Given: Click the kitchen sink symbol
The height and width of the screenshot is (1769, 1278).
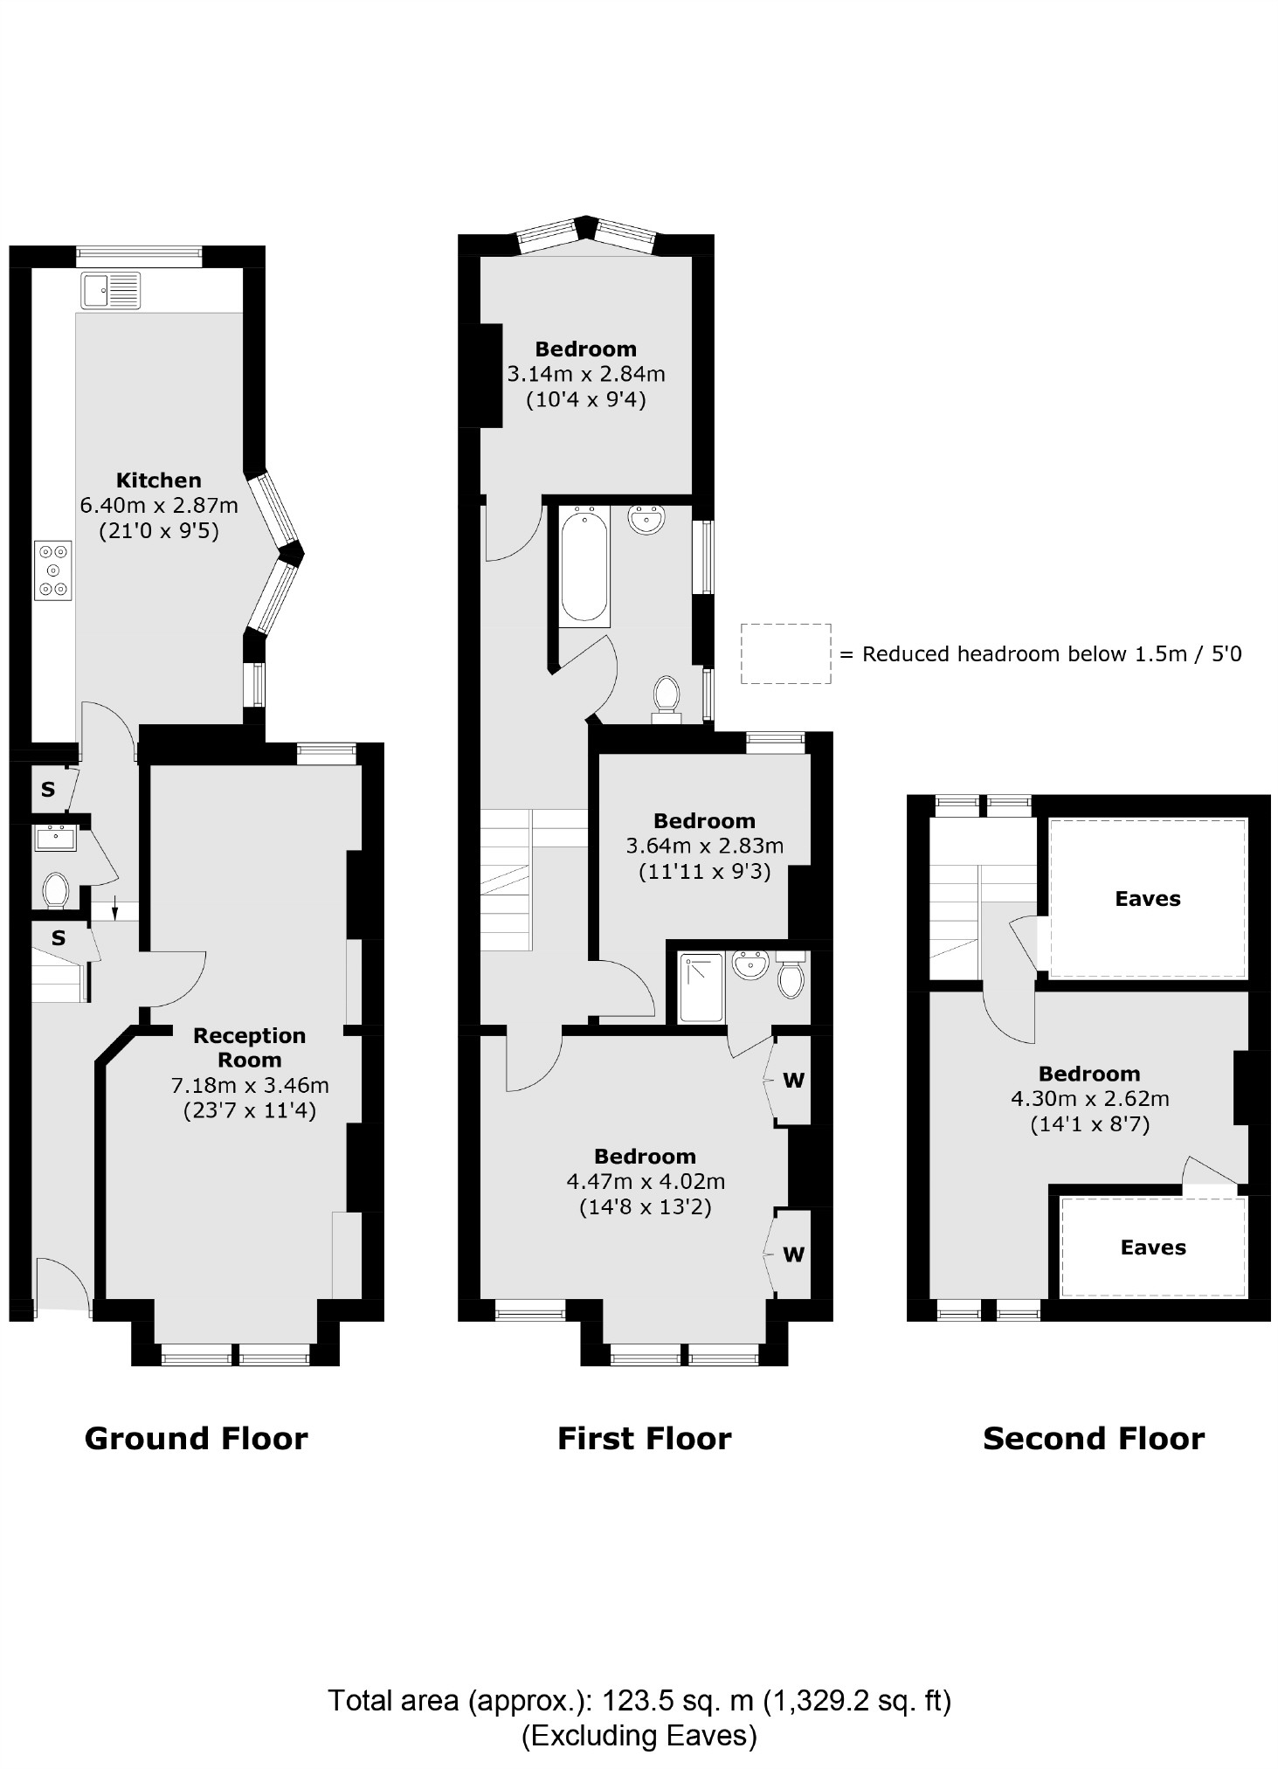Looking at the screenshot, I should click(110, 290).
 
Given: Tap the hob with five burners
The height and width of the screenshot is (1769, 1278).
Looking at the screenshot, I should click(53, 570).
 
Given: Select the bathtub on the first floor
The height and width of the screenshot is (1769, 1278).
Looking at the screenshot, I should click(584, 565).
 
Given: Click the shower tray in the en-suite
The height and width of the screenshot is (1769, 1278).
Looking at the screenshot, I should click(701, 987).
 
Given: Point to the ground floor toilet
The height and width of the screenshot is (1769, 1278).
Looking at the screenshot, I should click(56, 890).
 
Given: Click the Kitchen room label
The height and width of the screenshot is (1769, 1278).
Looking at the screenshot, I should click(159, 480).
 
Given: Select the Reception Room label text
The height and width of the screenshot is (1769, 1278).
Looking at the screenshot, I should click(249, 1047).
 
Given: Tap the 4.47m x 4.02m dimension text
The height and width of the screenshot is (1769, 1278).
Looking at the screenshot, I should click(646, 1181).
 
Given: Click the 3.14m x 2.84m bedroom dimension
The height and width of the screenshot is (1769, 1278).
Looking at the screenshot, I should click(586, 374).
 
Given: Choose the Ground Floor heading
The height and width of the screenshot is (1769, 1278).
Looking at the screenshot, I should click(196, 1438).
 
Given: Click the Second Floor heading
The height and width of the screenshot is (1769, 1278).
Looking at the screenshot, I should click(1093, 1438).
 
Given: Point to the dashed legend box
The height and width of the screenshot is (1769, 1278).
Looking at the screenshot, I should click(785, 653).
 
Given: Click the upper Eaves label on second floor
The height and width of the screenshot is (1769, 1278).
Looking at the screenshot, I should click(1147, 899).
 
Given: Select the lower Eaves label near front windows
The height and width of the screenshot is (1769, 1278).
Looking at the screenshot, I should click(1152, 1247).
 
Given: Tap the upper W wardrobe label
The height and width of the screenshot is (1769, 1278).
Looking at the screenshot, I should click(793, 1081).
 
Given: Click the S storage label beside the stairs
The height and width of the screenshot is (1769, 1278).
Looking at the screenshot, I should click(59, 938).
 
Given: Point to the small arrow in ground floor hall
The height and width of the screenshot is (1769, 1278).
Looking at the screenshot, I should click(115, 910).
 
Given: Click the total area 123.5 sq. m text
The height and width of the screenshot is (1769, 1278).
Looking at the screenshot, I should click(639, 1700).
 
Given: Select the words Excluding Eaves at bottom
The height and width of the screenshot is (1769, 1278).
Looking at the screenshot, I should click(639, 1735).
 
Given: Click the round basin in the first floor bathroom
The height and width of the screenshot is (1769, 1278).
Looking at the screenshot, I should click(646, 520).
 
